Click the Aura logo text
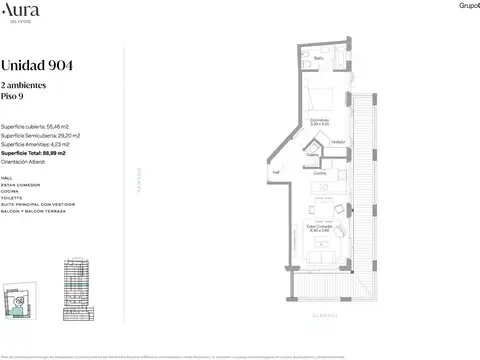point(19,11)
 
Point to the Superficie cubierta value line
point(35,127)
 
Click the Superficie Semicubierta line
point(41,136)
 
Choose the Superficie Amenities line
point(37,145)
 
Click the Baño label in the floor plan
point(319,59)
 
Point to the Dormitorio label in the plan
point(319,122)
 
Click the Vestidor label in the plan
point(338,141)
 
